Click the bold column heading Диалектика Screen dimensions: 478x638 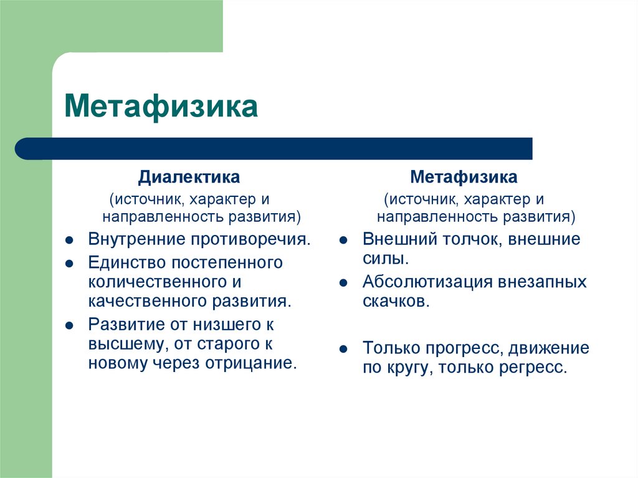click(189, 177)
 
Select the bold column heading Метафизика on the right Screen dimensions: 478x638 click(464, 177)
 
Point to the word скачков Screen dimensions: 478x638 click(395, 302)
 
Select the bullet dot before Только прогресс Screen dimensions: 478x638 click(343, 349)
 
